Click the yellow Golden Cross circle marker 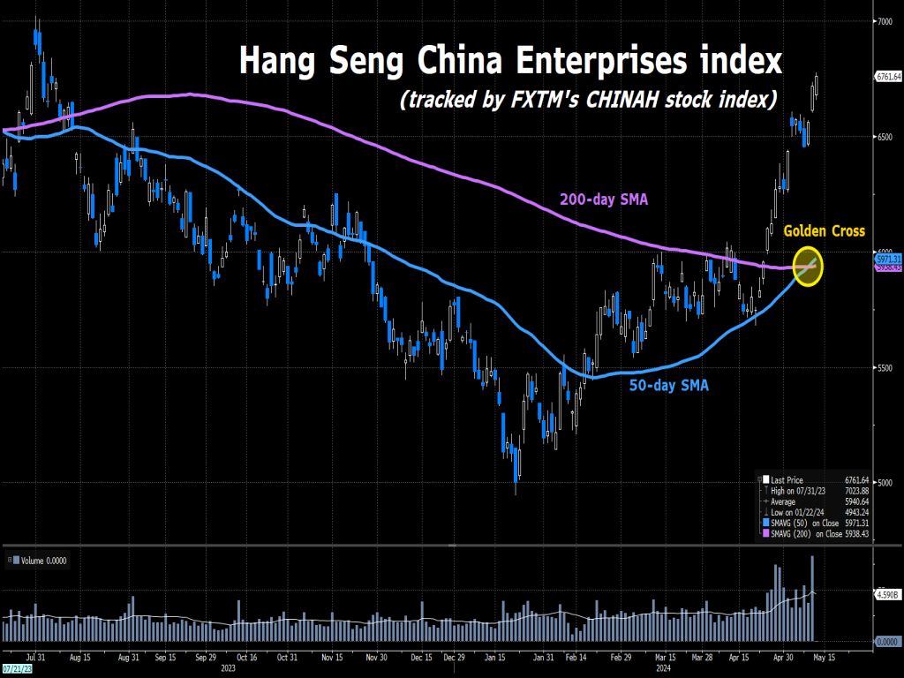808,267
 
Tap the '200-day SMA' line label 604,200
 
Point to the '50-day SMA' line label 668,385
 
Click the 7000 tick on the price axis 884,21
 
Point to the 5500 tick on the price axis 884,368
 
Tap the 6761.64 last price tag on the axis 887,77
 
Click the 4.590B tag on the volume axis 887,595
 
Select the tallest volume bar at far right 812,598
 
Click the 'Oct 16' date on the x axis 247,658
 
